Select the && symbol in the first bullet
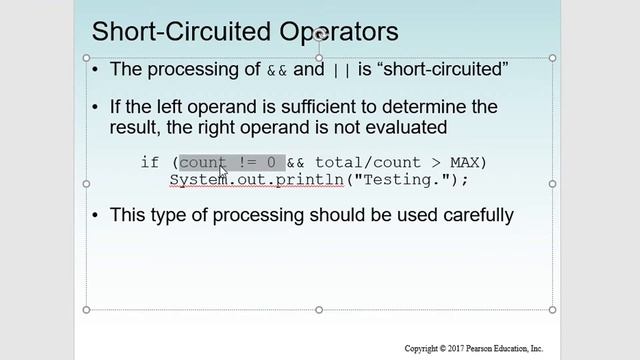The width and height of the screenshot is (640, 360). (x=276, y=70)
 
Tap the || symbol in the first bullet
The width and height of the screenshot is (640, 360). (x=340, y=70)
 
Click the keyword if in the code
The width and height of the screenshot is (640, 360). (x=150, y=162)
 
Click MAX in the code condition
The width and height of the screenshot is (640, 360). (x=462, y=162)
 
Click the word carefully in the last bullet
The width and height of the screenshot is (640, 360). (x=477, y=214)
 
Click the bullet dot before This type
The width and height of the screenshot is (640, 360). (x=95, y=215)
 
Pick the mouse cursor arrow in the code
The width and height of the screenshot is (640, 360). (x=223, y=172)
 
